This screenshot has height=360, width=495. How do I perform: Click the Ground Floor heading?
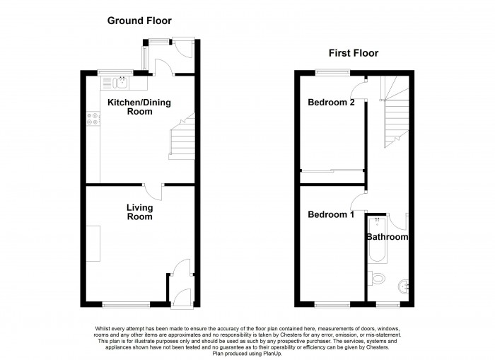[x=139, y=21]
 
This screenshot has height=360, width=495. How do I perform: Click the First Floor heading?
[x=353, y=53]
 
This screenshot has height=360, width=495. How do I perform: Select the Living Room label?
[x=139, y=212]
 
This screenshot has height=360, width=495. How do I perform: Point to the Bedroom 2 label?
[x=331, y=103]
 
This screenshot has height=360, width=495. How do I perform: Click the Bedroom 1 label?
[x=331, y=214]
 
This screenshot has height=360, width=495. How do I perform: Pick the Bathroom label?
[x=387, y=238]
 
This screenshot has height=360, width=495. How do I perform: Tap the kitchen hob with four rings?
[x=93, y=120]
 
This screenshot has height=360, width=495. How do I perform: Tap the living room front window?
[x=126, y=305]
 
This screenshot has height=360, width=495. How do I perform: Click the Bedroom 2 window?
[x=332, y=71]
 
